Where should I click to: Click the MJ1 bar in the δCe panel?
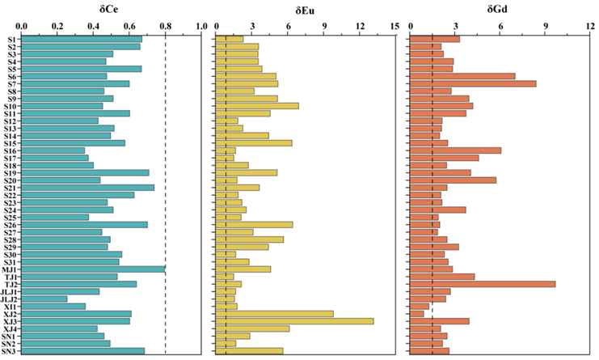[x=92, y=269]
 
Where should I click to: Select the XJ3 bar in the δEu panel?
[x=293, y=321]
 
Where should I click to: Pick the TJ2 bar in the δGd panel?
[x=483, y=284]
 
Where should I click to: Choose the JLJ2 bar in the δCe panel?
[x=44, y=299]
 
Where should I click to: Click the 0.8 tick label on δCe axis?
[x=166, y=25]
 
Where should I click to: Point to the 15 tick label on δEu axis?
[x=394, y=25]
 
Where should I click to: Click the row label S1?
[x=12, y=39]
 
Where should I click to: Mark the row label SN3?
[x=11, y=350]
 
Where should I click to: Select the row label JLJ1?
[x=9, y=291]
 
